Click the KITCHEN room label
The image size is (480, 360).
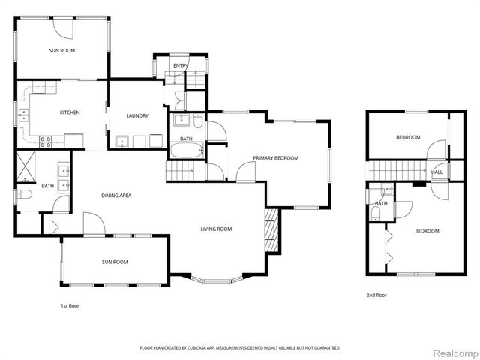[x=70, y=112]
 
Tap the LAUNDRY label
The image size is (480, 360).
[x=137, y=115]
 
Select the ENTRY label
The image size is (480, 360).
[x=181, y=66]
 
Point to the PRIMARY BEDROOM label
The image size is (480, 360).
[x=275, y=158]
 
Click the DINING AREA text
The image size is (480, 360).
[x=116, y=196]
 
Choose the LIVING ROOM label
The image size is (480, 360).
[x=215, y=229]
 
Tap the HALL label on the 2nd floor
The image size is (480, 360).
[x=436, y=172]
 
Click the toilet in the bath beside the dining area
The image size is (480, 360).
[x=22, y=196]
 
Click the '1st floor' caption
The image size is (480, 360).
[x=70, y=306]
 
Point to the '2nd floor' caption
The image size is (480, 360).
[x=376, y=295]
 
